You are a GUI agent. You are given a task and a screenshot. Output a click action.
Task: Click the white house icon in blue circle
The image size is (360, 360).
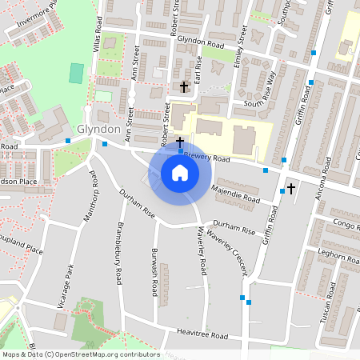pyautogui.click(x=179, y=173)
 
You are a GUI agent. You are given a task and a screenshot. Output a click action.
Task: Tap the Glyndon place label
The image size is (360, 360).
pyautogui.click(x=99, y=130)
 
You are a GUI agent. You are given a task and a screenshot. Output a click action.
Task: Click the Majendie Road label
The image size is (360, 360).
pyautogui.click(x=236, y=194)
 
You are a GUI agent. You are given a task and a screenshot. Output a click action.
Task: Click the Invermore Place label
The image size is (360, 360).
pyautogui.click(x=32, y=21)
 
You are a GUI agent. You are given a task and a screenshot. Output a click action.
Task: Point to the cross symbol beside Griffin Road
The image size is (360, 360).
pyautogui.click(x=290, y=188)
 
